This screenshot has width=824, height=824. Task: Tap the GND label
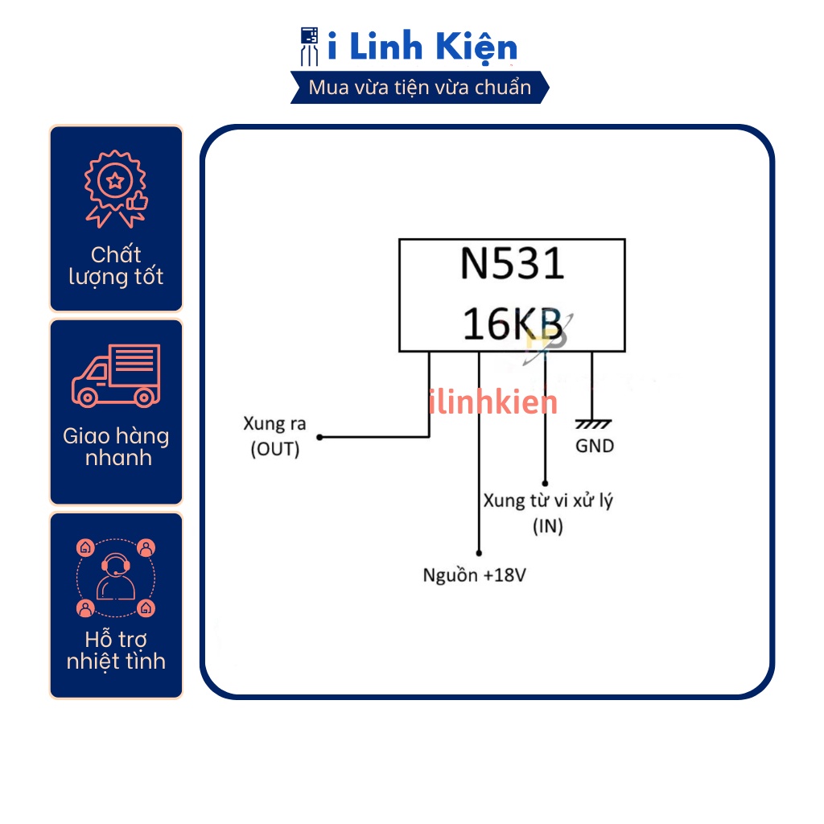tap(595, 446)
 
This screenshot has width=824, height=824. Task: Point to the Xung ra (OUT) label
tap(274, 436)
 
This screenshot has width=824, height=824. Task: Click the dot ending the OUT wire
tap(319, 438)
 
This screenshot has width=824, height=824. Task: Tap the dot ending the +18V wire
tap(479, 553)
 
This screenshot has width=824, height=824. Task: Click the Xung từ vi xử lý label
tap(548, 501)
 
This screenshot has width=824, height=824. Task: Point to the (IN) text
tap(547, 527)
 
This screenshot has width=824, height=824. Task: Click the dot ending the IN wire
tap(545, 480)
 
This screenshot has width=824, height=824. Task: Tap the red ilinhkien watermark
tap(492, 402)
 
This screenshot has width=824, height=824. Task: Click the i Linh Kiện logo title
tap(422, 47)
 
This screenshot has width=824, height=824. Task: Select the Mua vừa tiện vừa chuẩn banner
tap(420, 87)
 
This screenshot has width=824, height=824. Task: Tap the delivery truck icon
tap(116, 376)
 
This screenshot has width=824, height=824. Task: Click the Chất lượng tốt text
tap(116, 266)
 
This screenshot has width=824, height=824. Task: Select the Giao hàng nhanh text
tap(116, 447)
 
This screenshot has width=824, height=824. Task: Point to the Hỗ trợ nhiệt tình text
tap(116, 650)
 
